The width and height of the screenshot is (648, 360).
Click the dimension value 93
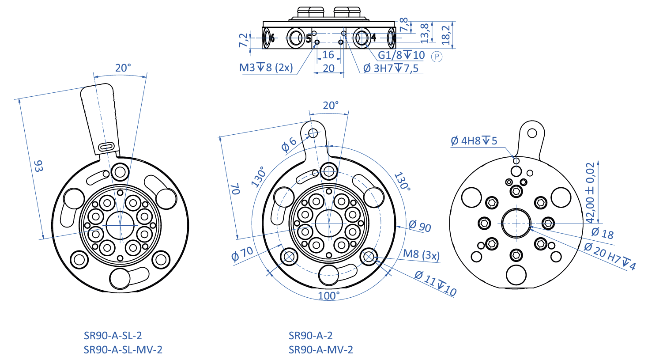point(38,166)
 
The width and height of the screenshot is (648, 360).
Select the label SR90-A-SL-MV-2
point(123,349)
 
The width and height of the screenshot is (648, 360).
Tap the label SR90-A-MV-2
point(321,349)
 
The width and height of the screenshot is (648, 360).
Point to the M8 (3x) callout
point(421,254)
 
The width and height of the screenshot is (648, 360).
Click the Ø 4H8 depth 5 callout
point(474,140)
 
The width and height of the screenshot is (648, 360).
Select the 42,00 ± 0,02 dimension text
point(590,193)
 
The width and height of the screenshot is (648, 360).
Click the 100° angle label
point(328,296)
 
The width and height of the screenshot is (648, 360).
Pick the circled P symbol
point(437,57)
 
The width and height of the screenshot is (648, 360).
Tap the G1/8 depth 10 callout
point(401,55)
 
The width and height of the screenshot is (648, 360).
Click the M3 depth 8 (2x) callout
point(266,68)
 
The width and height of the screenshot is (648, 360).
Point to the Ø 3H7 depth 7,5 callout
point(391,68)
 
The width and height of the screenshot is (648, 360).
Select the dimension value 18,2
point(446,35)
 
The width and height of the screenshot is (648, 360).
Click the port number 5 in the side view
point(309,38)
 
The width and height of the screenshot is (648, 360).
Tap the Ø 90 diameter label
point(420,225)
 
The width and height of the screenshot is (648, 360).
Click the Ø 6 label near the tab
point(289,144)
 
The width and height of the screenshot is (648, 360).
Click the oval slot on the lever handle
point(106,147)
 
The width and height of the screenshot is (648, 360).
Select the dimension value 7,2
point(243,40)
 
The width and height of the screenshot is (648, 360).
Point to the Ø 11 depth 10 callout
point(435,283)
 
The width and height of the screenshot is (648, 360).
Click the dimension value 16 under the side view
point(328,54)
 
